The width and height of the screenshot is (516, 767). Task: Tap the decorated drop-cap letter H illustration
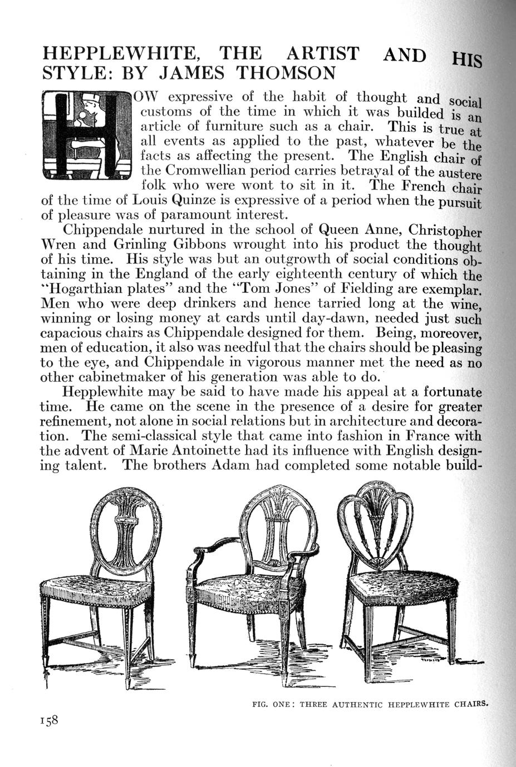pyautogui.click(x=87, y=136)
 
